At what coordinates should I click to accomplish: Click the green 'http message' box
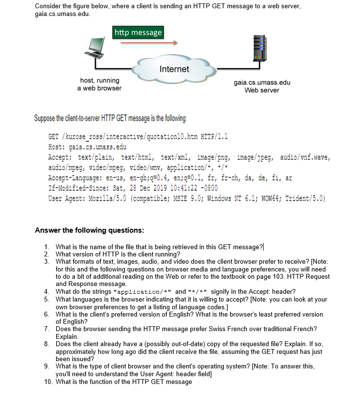[138, 32]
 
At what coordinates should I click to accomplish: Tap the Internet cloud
[174, 69]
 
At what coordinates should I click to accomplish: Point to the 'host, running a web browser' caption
[99, 84]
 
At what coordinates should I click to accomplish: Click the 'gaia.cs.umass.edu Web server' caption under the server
[262, 86]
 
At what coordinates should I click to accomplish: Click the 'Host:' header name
[58, 146]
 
